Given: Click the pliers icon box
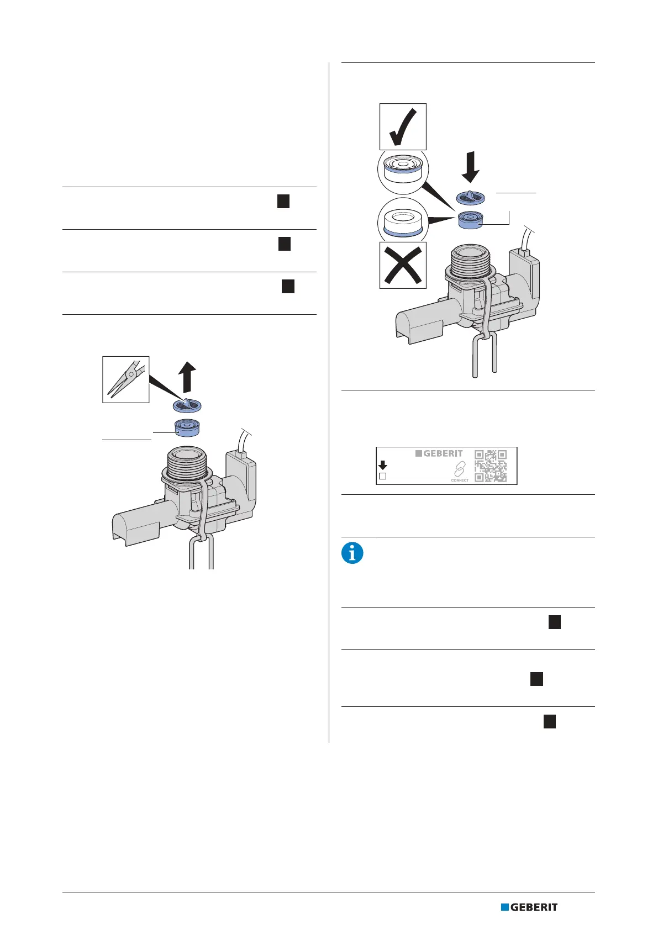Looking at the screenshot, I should (x=126, y=379).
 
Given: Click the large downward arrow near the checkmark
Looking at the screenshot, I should (x=470, y=168).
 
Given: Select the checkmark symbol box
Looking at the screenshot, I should (x=403, y=126).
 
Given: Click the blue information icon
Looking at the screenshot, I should (x=352, y=553).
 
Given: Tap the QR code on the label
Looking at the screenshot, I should (x=491, y=466).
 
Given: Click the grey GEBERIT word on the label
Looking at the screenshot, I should (x=443, y=453).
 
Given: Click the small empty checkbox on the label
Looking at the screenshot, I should (x=382, y=476).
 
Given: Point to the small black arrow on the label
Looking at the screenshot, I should (x=383, y=465).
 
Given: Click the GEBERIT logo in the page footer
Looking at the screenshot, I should (x=529, y=907).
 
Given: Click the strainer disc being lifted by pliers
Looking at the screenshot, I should (x=187, y=406).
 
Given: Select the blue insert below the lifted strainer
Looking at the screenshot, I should (x=187, y=427).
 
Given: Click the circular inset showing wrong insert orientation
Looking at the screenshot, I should (x=403, y=219).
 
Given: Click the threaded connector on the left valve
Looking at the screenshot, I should (x=187, y=459).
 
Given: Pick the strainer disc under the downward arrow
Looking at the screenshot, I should (x=471, y=198).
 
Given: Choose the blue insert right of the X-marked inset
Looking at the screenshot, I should (x=470, y=219).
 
